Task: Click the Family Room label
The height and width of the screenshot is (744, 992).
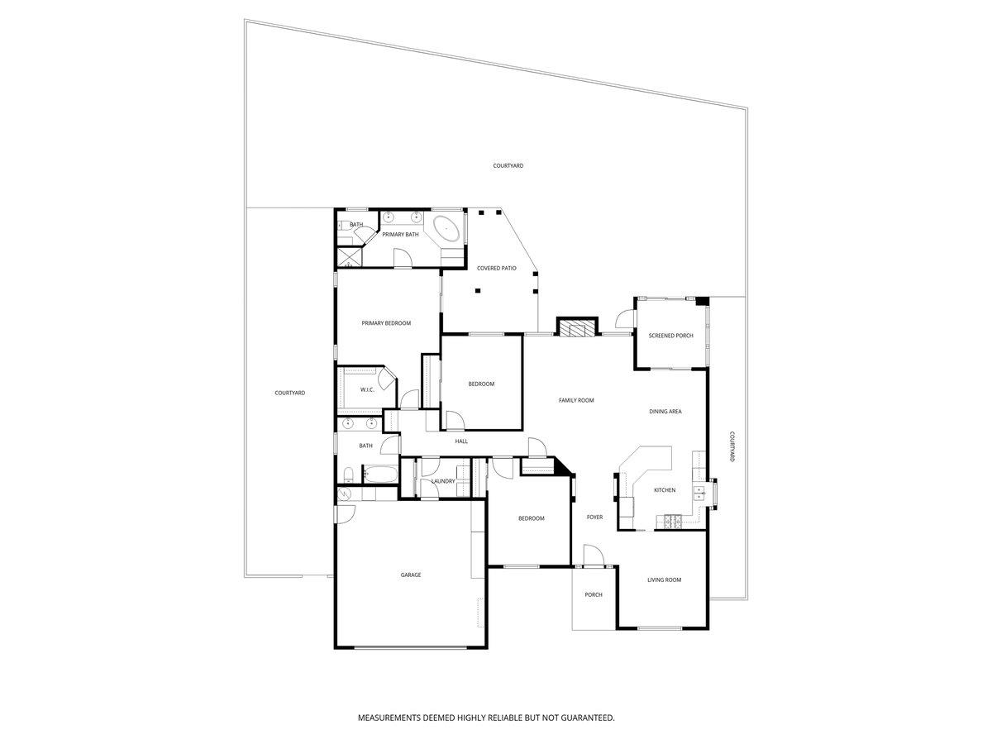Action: click(575, 400)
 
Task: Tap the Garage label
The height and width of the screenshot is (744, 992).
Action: click(410, 575)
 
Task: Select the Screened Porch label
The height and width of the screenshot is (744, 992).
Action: click(670, 336)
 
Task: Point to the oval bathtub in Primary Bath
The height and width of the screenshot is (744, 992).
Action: click(446, 229)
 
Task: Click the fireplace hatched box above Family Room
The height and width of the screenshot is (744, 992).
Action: click(577, 328)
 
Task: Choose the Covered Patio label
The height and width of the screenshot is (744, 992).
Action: click(496, 269)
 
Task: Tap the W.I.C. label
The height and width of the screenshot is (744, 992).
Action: click(367, 390)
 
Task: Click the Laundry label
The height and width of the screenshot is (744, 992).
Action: click(443, 482)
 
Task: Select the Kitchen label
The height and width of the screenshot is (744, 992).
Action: click(665, 490)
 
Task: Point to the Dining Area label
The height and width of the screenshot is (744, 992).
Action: click(665, 412)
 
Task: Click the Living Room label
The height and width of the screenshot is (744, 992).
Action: click(664, 580)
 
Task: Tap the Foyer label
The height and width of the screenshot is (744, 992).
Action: click(594, 517)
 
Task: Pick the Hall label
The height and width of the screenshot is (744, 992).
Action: click(461, 441)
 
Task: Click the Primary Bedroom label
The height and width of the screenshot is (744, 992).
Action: click(386, 323)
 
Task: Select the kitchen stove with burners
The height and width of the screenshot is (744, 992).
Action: click(672, 522)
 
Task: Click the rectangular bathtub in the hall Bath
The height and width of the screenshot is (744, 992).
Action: click(380, 475)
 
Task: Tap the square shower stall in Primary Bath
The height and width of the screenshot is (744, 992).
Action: click(350, 256)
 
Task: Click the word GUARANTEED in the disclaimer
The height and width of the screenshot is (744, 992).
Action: click(587, 718)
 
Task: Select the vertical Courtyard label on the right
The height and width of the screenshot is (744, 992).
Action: click(732, 446)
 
